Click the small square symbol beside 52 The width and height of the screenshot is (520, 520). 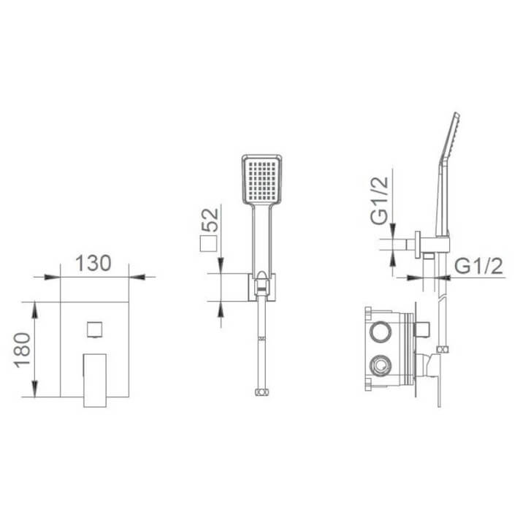coord(210,245)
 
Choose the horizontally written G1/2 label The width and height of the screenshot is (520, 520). coord(479,267)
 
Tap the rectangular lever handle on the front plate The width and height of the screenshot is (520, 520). coord(93,378)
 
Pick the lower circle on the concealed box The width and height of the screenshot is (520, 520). coord(381,363)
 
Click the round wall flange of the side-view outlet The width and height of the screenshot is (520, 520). coord(418,245)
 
